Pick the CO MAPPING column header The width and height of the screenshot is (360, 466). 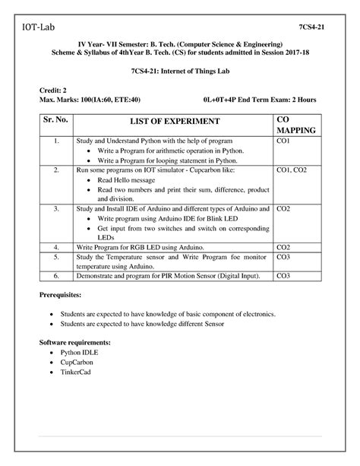[x=295, y=126]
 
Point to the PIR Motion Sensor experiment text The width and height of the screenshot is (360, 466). [x=172, y=275]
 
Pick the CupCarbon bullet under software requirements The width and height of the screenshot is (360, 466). [x=78, y=363]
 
